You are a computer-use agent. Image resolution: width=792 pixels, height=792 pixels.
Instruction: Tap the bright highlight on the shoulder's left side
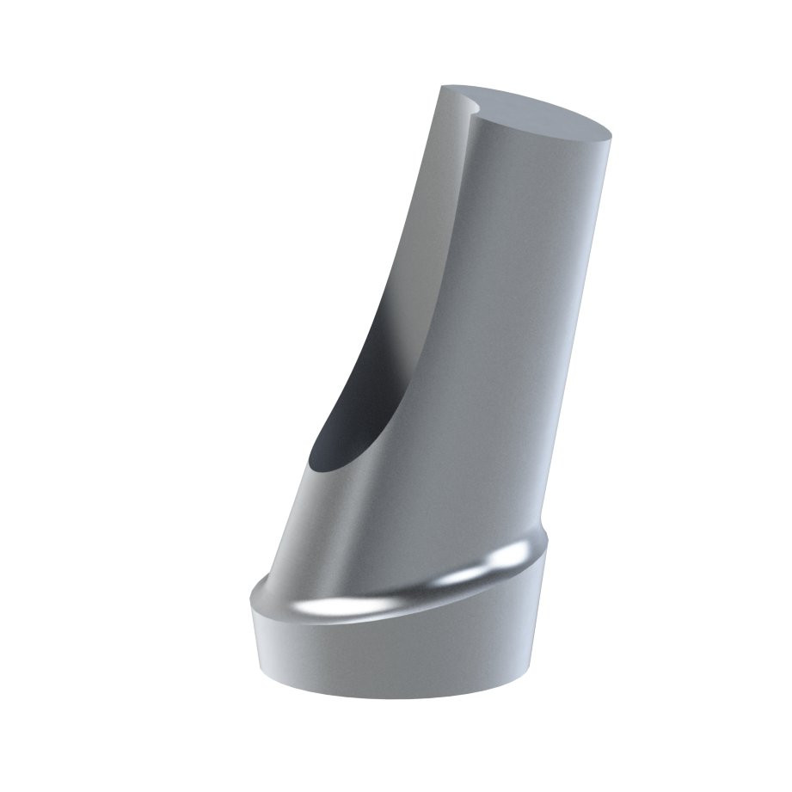[301, 608]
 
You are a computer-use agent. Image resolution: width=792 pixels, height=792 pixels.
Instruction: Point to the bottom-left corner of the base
[261, 671]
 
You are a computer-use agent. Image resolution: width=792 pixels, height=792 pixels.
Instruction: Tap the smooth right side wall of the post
[550, 344]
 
